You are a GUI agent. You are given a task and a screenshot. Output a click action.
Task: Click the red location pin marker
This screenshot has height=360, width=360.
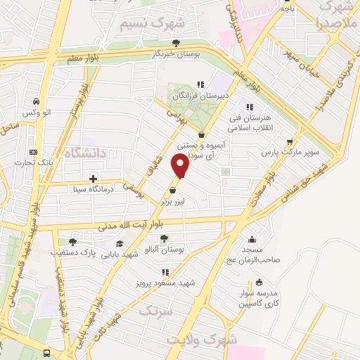tap(181, 165)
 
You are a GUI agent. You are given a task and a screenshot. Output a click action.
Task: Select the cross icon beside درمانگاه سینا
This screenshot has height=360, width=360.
tap(93, 179)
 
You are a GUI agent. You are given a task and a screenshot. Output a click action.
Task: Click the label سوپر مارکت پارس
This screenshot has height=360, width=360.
tap(291, 152)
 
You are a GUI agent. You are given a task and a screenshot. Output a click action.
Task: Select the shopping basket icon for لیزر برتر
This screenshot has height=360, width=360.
tap(173, 190)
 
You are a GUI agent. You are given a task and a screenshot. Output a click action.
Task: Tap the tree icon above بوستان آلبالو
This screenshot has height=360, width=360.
tap(164, 239)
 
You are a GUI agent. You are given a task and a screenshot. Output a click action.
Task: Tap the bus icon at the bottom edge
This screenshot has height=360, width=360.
tap(47, 352)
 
